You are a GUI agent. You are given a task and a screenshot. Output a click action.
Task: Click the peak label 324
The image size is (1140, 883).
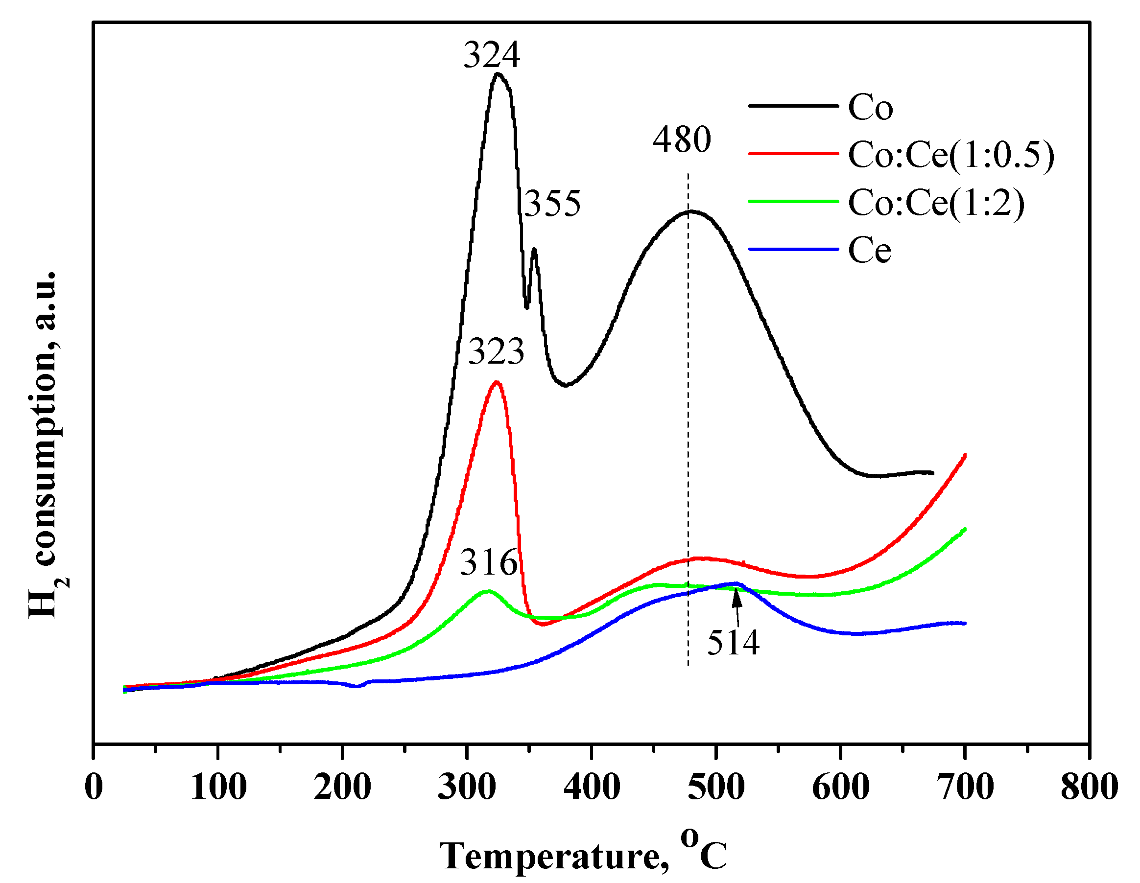[x=492, y=55]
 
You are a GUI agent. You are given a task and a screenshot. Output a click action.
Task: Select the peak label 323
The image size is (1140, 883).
[x=496, y=352]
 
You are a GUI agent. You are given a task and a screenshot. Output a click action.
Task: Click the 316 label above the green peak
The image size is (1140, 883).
[x=489, y=562]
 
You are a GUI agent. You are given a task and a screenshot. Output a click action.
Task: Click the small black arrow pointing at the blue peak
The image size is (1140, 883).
[x=736, y=601]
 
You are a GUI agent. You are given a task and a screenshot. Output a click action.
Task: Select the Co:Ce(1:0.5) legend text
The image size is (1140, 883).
[x=950, y=155]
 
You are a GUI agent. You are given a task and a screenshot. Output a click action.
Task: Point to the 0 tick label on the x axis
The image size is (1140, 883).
[x=94, y=787]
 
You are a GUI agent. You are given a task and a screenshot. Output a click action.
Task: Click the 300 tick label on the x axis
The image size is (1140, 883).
[x=466, y=787]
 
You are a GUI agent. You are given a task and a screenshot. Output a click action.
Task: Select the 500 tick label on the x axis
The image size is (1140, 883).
[x=715, y=787]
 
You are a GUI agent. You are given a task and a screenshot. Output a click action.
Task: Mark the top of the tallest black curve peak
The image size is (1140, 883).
[x=498, y=73]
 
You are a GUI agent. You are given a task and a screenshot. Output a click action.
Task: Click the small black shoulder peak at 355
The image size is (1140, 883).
[x=534, y=250]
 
